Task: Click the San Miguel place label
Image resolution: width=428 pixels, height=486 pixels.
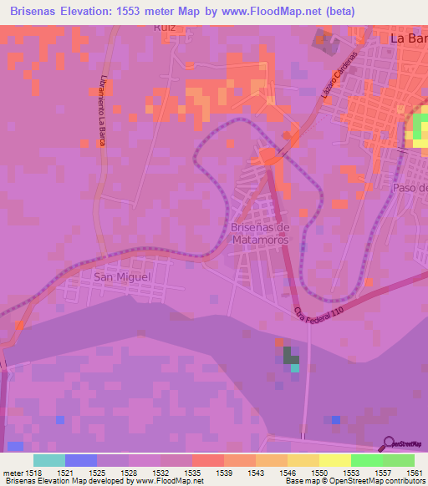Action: tap(122, 276)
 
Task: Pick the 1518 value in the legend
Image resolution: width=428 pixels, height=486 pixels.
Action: tap(33, 473)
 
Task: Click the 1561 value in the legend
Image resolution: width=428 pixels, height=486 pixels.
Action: tap(414, 473)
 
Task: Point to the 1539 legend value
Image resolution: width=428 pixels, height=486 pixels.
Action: tap(223, 473)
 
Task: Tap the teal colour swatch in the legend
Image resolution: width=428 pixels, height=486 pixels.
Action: tap(49, 460)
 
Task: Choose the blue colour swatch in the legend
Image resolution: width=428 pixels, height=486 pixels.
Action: tap(81, 460)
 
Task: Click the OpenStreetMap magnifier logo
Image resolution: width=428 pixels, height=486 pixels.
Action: tap(389, 443)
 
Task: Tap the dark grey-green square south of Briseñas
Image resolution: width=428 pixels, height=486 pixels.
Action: tap(290, 355)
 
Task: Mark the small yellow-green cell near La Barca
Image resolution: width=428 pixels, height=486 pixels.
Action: tap(418, 130)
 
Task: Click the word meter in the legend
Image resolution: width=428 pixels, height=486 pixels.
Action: tap(13, 473)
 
